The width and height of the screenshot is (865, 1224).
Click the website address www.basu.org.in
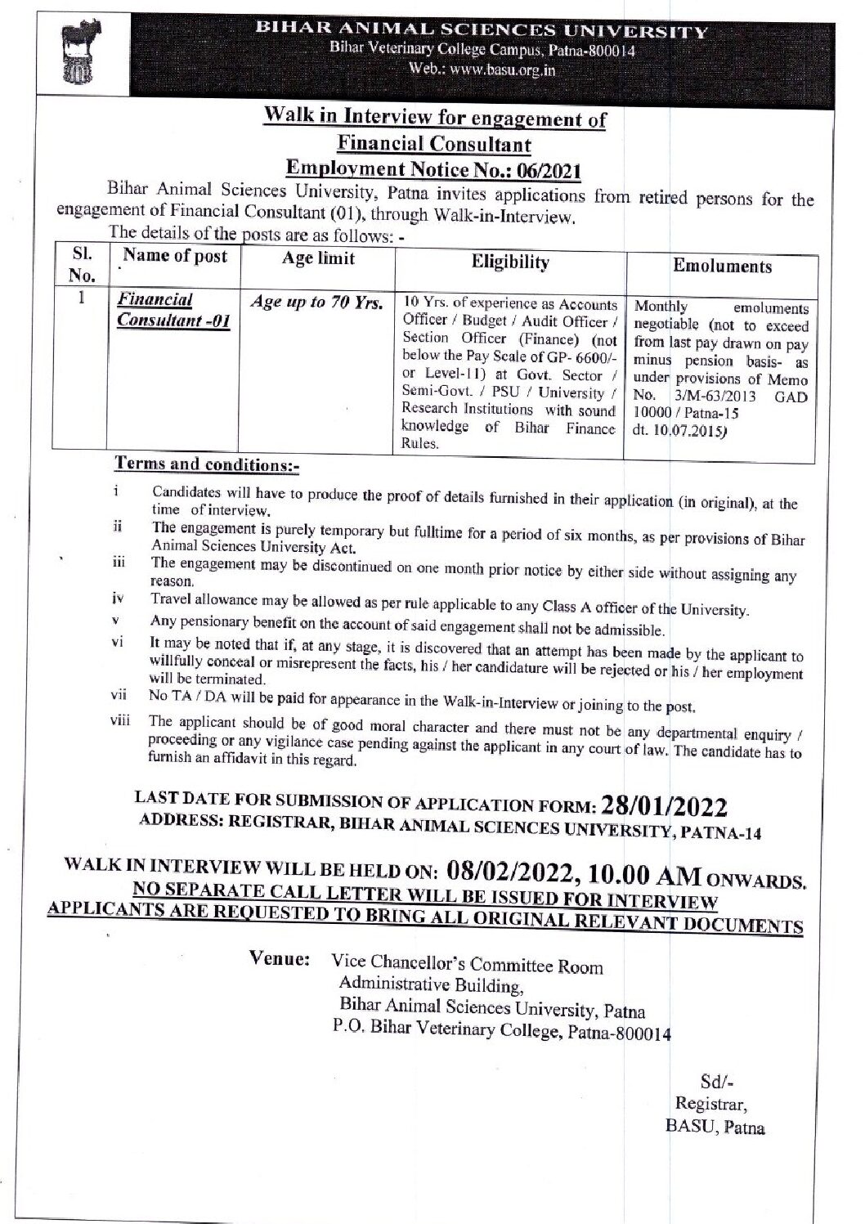(x=499, y=70)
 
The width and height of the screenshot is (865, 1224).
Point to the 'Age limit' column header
(x=318, y=258)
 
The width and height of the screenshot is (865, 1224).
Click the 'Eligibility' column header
(x=510, y=262)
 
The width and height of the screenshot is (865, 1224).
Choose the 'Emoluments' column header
(x=722, y=267)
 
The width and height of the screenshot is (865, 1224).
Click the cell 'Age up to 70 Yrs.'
(x=316, y=303)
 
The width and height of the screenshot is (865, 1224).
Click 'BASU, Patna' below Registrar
(x=715, y=1128)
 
